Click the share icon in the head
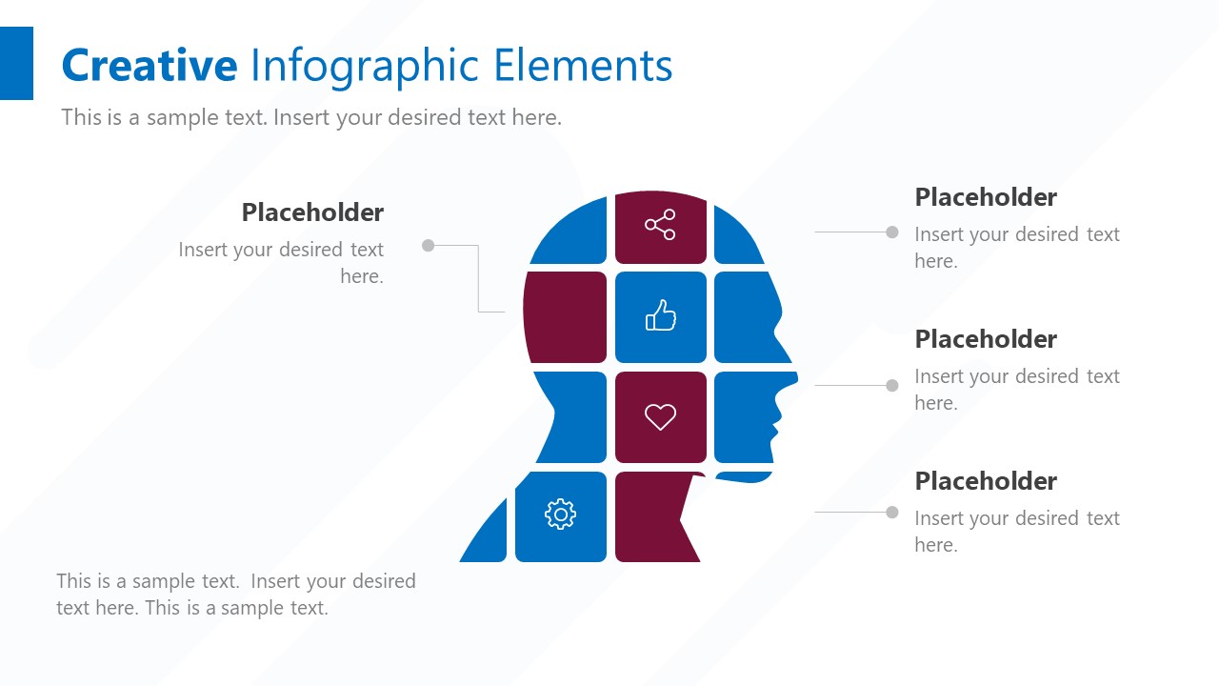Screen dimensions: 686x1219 (660, 225)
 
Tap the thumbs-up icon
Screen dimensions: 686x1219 (661, 315)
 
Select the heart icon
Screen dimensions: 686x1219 (660, 416)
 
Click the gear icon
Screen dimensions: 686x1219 (560, 514)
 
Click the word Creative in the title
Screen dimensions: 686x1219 (149, 66)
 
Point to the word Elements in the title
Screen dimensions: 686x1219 (583, 66)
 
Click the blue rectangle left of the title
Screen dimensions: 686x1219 (16, 63)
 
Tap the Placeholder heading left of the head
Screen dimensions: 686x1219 (312, 212)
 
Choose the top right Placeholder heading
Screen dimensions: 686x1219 (986, 197)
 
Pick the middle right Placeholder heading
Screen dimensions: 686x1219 (986, 339)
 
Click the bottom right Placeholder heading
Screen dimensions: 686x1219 (986, 481)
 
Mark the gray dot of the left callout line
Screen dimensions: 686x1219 (429, 246)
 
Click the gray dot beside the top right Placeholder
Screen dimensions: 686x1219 (892, 232)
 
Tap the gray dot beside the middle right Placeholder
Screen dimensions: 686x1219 (892, 386)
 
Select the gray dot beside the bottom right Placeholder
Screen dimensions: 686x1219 (892, 513)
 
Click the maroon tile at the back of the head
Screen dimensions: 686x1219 (566, 317)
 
